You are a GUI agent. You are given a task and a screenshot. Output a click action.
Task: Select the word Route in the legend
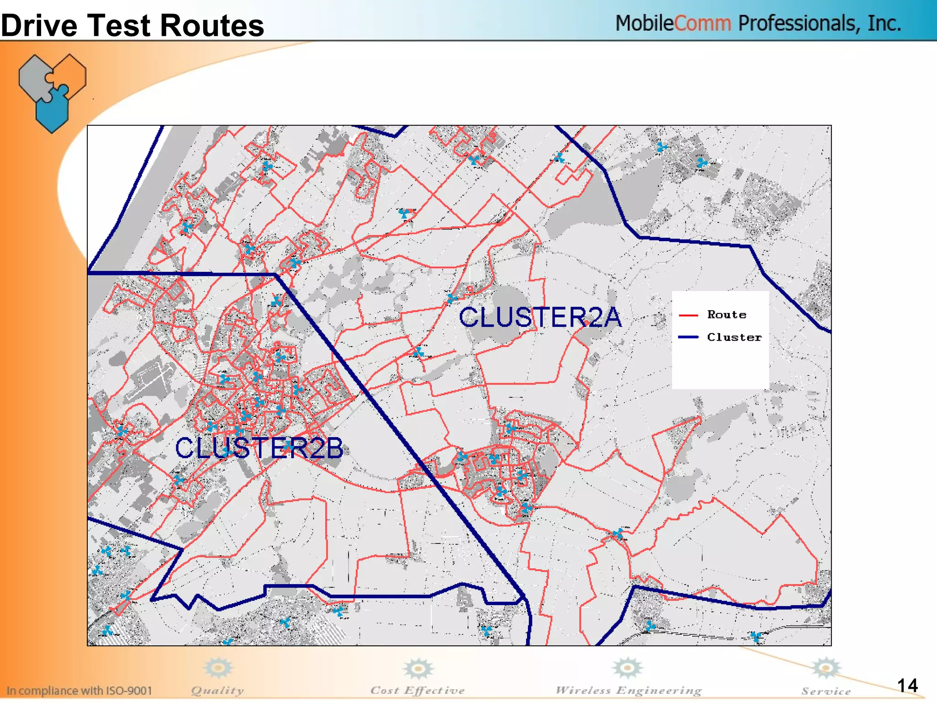(x=727, y=314)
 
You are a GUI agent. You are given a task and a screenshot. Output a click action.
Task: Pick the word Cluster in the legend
(x=734, y=337)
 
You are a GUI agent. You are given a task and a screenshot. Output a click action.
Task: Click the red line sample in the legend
(x=688, y=315)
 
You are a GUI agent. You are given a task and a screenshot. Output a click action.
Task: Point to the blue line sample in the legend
(x=688, y=337)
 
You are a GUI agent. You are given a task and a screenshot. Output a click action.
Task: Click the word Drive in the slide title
(x=39, y=26)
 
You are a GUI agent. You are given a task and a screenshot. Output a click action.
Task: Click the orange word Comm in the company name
(x=702, y=23)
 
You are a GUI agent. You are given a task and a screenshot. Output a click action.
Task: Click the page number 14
(x=907, y=685)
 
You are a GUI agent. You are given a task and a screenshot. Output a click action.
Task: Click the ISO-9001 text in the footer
(x=129, y=690)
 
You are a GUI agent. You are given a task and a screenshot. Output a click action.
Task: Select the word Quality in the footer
(x=217, y=690)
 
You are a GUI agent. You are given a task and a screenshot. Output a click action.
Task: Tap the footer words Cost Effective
(x=417, y=690)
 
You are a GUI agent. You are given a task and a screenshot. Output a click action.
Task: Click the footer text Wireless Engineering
(x=628, y=690)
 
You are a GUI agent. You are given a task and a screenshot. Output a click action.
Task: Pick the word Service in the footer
(x=826, y=691)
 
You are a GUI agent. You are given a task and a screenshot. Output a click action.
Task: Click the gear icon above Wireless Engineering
(x=627, y=668)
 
